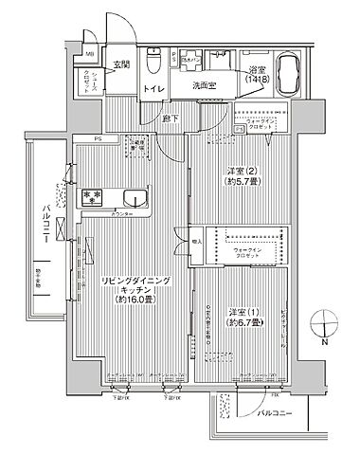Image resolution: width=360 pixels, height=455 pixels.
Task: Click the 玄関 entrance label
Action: pos(123,64)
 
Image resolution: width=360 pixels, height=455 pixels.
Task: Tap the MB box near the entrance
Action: pos(91,54)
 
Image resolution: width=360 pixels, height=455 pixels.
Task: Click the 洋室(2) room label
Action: pos(242,173)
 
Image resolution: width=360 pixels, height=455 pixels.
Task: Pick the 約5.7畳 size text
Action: pos(242,187)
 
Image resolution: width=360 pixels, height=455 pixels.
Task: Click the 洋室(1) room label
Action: pos(242,314)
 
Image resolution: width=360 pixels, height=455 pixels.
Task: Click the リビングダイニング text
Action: pos(133,281)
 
